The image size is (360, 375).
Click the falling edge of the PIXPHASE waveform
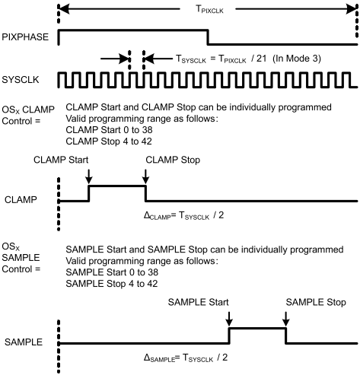pos(208,37)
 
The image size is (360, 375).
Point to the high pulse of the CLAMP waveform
pos(117,186)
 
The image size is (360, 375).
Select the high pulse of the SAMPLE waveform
pos(257,329)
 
